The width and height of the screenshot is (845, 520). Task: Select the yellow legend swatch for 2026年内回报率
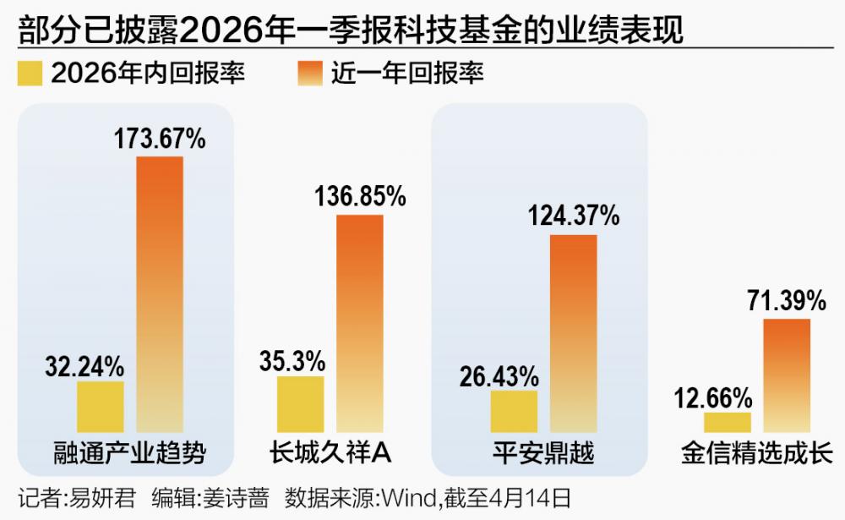(x=30, y=74)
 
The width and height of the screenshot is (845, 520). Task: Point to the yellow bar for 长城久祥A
(x=300, y=405)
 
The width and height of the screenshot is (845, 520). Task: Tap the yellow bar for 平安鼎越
(x=514, y=412)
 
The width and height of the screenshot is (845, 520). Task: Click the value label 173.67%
(x=160, y=139)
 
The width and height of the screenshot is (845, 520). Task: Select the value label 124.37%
(x=575, y=216)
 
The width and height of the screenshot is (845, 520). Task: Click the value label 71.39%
(x=786, y=300)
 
